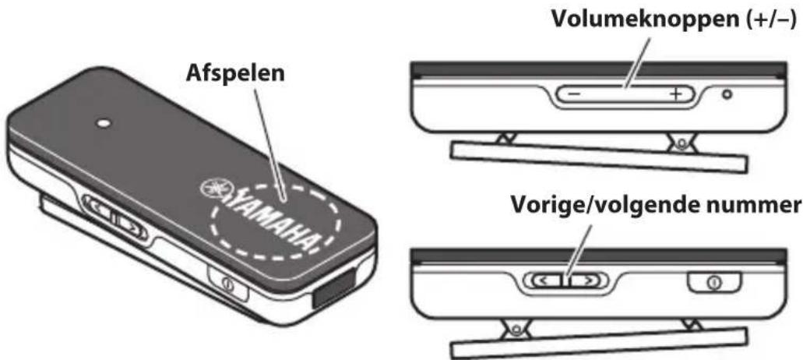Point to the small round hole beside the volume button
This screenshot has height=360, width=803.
(x=727, y=95)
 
